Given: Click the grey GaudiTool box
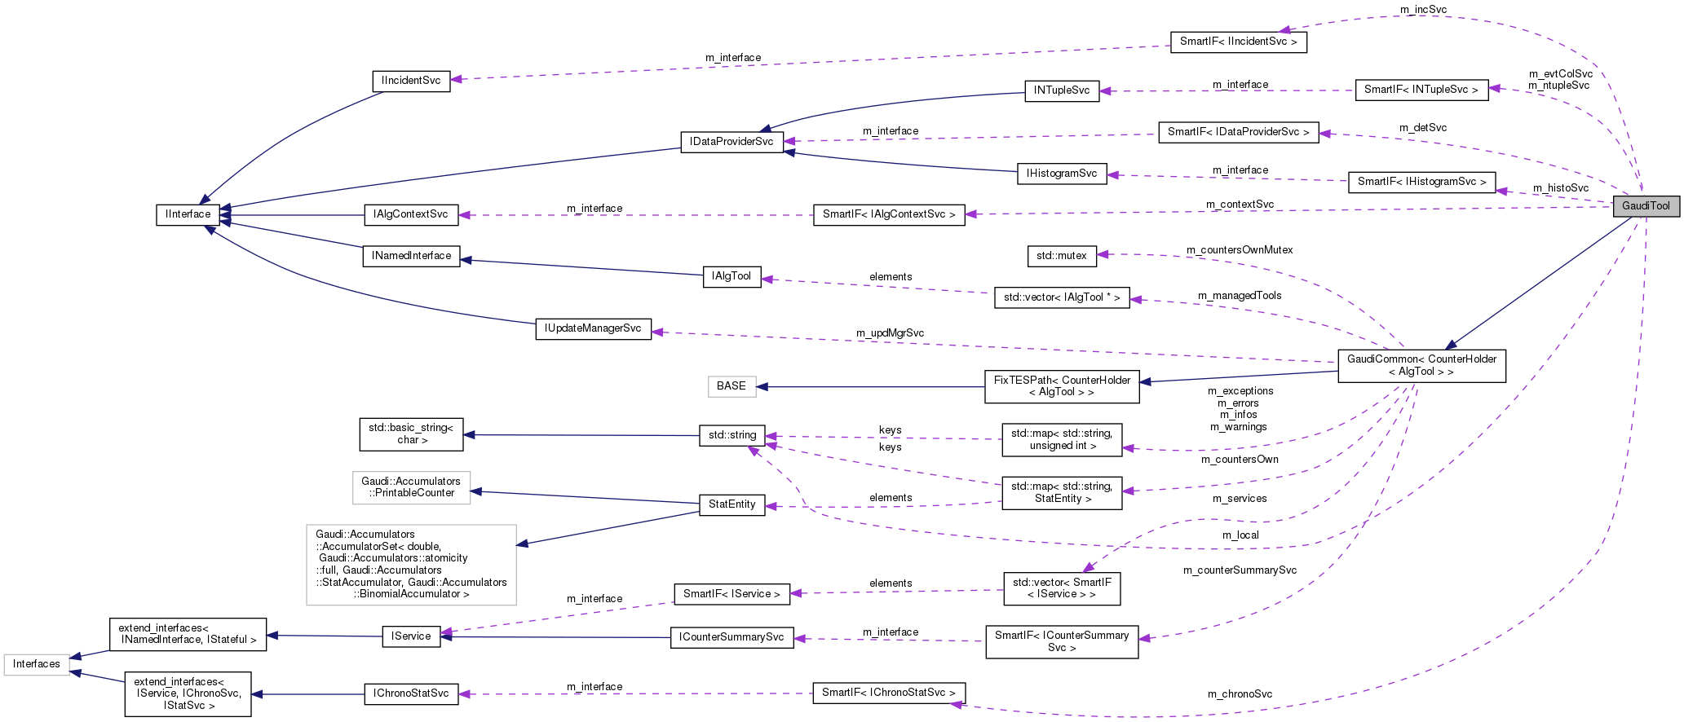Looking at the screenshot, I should click(1646, 206).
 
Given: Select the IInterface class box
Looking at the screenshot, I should click(188, 214).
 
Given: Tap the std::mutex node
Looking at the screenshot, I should click(1061, 256).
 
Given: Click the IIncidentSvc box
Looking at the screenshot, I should click(411, 81).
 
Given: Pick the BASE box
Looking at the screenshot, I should click(732, 386).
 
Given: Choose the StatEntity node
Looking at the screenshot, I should click(732, 504).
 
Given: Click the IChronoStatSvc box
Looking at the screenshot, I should click(411, 693).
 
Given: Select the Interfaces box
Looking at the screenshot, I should click(36, 664).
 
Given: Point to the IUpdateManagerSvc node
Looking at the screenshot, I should click(593, 328).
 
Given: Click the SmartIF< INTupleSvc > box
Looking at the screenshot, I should click(1421, 90).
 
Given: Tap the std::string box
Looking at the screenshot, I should click(732, 435).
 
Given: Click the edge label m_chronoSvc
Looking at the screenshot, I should click(1240, 694).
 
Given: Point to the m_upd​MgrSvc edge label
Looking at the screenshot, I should click(890, 333).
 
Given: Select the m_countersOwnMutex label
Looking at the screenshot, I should click(1239, 250).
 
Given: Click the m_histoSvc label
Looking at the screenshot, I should click(1560, 188).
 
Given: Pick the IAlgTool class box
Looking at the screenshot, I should click(732, 276).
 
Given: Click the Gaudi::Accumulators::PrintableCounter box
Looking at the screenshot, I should click(411, 487).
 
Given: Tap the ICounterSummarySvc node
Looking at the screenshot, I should click(732, 637).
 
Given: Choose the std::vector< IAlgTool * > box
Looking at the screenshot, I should click(1061, 297).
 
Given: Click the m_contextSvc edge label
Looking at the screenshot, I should click(1240, 205).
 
